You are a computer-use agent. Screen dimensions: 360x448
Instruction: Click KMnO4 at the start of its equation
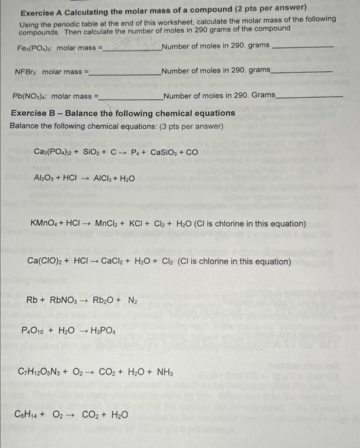(45, 224)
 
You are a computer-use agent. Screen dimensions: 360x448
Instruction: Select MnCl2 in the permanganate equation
(109, 224)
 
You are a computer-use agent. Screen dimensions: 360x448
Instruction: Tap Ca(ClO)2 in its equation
(45, 261)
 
